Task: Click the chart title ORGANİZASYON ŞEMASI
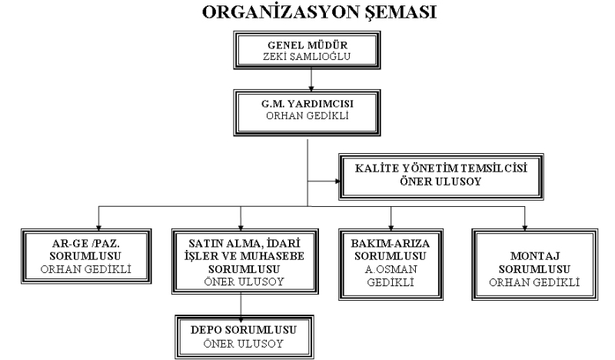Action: [x=319, y=12]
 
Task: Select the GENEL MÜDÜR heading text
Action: [x=307, y=45]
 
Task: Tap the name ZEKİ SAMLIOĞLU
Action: [x=307, y=56]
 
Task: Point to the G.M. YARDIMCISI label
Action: [x=307, y=104]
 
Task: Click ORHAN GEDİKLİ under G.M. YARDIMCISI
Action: [x=307, y=116]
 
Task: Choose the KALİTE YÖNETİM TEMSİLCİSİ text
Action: [x=440, y=168]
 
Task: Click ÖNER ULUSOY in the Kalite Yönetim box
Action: [x=440, y=182]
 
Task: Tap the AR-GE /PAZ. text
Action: [x=86, y=243]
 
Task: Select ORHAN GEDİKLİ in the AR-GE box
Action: [x=86, y=269]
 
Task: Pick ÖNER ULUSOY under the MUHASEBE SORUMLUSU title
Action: [x=244, y=282]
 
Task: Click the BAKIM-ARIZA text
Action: [x=391, y=243]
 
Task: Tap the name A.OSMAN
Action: [x=391, y=269]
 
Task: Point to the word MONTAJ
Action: [x=534, y=256]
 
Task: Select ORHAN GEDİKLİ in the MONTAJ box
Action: [x=534, y=282]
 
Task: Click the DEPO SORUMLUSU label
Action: [x=244, y=330]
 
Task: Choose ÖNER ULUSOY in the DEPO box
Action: [x=243, y=344]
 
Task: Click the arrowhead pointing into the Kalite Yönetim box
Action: [x=337, y=182]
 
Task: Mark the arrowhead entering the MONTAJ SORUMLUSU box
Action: [x=525, y=228]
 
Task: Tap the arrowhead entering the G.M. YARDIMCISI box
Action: [x=311, y=88]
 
